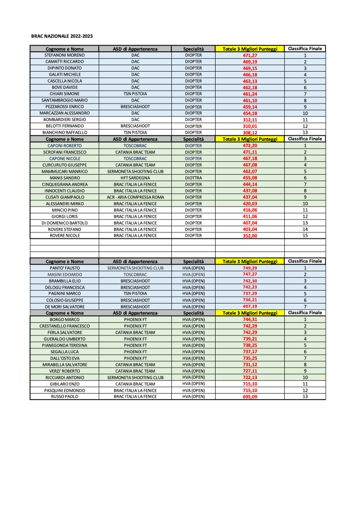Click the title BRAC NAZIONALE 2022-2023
[x=62, y=36]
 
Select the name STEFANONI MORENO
[x=64, y=55]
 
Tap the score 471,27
[x=249, y=55]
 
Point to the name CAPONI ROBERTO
[x=64, y=146]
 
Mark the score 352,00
[x=249, y=236]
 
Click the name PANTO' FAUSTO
[x=64, y=268]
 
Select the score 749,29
[x=249, y=268]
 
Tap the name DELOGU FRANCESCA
[x=64, y=288]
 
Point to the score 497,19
[x=249, y=307]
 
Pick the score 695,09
[x=249, y=397]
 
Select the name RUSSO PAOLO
[x=64, y=397]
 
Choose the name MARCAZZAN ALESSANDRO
[x=64, y=113]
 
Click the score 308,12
[x=249, y=133]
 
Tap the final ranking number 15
[x=305, y=236]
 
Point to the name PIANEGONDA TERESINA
[x=64, y=345]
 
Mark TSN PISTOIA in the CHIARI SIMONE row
[x=135, y=94]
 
